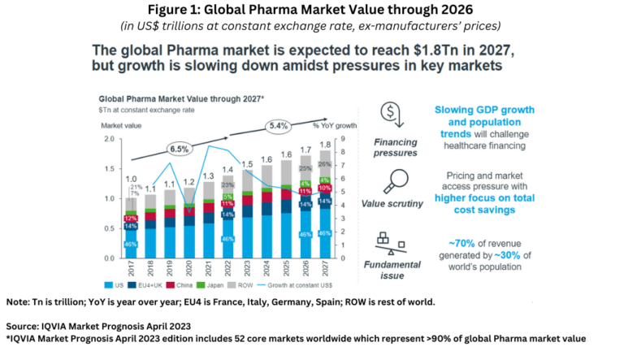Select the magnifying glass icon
pyautogui.click(x=396, y=180)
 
